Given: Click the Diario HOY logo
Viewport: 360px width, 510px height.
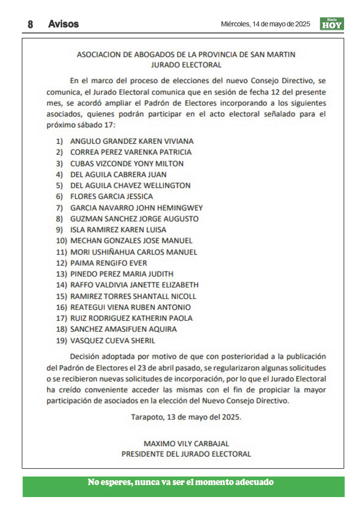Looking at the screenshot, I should tap(332, 24).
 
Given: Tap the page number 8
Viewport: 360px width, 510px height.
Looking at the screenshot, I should tap(30, 24).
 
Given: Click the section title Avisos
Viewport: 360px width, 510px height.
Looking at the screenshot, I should tap(63, 24).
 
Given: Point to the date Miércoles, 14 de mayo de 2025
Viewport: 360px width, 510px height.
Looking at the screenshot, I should tap(265, 24).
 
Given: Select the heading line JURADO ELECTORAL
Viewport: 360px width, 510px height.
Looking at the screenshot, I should tap(186, 65).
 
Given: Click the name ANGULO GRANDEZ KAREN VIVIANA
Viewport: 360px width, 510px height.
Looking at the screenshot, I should tap(132, 141).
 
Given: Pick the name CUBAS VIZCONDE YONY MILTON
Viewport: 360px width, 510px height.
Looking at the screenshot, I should tap(127, 163).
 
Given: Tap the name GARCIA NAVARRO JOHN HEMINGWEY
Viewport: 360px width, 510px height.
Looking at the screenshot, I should tap(136, 208).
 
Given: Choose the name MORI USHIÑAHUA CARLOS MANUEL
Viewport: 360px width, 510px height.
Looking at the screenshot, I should tap(133, 252).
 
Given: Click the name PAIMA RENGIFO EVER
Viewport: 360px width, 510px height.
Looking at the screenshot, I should tap(109, 263).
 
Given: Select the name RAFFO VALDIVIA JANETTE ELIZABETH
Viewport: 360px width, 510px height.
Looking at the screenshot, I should tap(134, 285).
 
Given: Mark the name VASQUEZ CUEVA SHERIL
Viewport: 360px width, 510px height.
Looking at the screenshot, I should tap(113, 341).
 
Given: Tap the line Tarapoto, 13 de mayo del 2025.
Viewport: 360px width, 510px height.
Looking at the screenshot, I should tap(186, 417).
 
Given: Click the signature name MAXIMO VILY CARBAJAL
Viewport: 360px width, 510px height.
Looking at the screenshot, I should tap(186, 443).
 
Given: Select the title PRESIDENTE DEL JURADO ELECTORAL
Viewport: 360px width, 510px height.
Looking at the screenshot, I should tap(186, 454).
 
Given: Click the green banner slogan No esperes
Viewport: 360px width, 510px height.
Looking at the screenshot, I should tap(181, 482).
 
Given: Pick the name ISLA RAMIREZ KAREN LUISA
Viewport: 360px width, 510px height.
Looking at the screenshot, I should tap(118, 230).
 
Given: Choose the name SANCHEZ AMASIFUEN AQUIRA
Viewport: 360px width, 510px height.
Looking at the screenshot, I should tap(123, 329).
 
